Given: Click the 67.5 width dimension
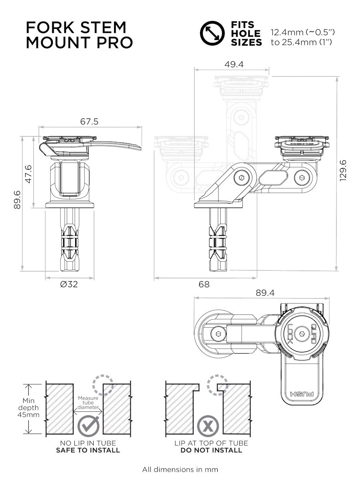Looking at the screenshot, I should (x=89, y=122).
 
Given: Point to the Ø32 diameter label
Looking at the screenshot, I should (x=69, y=284).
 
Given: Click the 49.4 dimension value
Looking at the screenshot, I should (x=234, y=64).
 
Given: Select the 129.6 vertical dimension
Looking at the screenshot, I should (x=343, y=170).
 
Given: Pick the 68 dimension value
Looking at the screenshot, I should (x=204, y=284).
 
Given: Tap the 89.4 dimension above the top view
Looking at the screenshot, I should (x=265, y=293).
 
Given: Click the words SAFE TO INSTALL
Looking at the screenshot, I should (x=88, y=450).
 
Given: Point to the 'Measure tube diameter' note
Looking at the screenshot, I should (x=88, y=403).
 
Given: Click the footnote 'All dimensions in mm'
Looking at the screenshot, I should (x=180, y=469).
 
